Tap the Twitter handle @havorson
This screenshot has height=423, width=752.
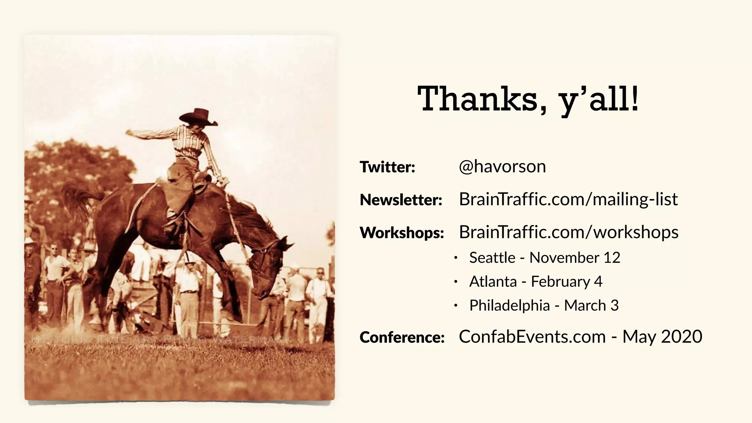502,167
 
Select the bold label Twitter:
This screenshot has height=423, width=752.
387,167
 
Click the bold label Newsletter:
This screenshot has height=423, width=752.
401,200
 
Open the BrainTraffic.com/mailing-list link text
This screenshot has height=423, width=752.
568,199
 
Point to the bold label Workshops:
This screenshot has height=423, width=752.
402,233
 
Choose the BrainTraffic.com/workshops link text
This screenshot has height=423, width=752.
568,232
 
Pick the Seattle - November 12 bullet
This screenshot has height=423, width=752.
545,258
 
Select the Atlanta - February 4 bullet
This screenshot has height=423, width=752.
536,282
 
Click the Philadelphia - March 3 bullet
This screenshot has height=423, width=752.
544,305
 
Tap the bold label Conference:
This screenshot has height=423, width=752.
402,337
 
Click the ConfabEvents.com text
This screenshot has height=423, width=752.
532,337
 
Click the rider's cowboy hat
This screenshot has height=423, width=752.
199,116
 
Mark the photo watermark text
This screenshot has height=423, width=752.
162,339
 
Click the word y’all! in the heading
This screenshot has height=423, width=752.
598,100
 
